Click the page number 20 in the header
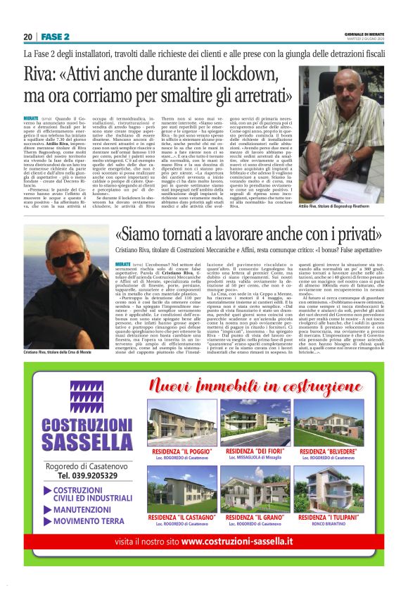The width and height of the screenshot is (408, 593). (27, 37)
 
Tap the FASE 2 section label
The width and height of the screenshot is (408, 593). (55, 37)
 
